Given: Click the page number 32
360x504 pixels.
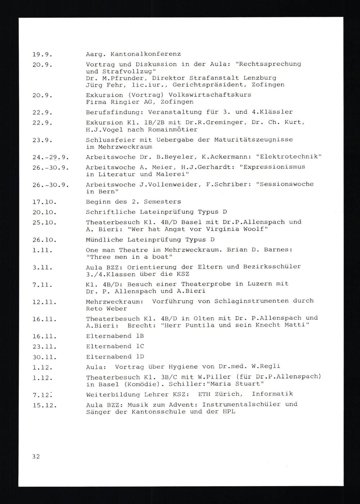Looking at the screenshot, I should coord(36,457).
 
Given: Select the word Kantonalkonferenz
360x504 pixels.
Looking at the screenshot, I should coord(146,54).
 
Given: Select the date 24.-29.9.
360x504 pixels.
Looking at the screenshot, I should coord(51,157).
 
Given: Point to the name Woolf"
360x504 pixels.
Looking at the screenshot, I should coord(252,229).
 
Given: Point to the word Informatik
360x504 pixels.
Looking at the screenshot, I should coord(272,394).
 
